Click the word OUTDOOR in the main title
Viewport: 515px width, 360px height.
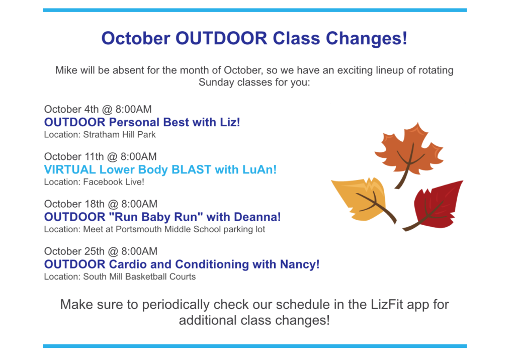(x=221, y=38)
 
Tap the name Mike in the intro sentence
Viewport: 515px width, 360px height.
(x=66, y=70)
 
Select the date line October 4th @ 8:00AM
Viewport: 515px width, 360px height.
(x=98, y=109)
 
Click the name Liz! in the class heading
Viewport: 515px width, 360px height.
(x=230, y=122)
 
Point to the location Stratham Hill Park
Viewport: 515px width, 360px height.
(x=119, y=135)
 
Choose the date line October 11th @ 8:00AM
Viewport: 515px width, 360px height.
(x=101, y=156)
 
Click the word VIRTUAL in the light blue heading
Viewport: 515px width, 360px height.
(x=70, y=169)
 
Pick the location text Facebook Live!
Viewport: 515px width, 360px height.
(x=114, y=182)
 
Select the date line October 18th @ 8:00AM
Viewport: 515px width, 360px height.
(x=101, y=204)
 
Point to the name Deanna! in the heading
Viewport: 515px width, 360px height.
(x=257, y=217)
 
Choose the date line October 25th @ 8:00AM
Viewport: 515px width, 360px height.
(x=101, y=251)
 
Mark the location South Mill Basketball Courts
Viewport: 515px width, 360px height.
(x=139, y=277)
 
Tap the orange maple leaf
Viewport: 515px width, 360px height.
(x=409, y=152)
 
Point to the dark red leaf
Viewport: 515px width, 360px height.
(x=436, y=205)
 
